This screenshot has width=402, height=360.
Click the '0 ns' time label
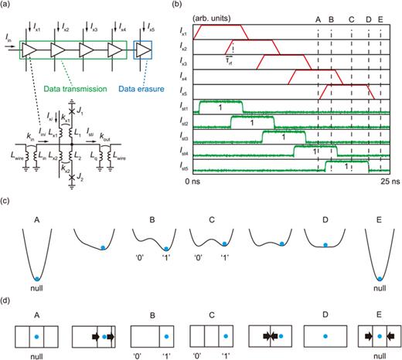coord(193,181)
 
